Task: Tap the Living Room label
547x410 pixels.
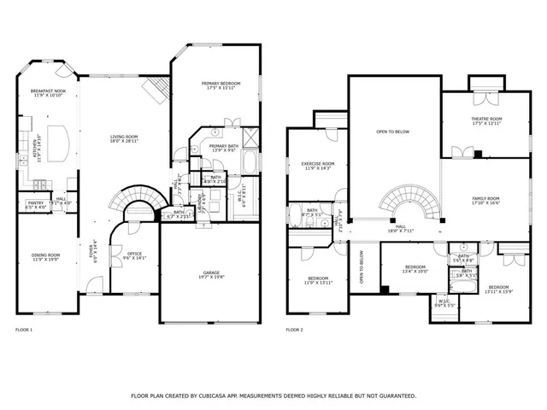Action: pyautogui.click(x=123, y=138)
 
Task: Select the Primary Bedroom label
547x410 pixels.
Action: pyautogui.click(x=221, y=85)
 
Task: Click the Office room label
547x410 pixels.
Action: pyautogui.click(x=135, y=254)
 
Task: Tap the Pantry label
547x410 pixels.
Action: pyautogui.click(x=34, y=204)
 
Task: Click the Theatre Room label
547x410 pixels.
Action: pyautogui.click(x=485, y=120)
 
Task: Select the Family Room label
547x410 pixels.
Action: pyautogui.click(x=485, y=199)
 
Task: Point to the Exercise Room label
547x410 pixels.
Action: pyautogui.click(x=317, y=164)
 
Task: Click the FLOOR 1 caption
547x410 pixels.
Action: pyautogui.click(x=24, y=330)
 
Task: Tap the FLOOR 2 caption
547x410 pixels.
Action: pyautogui.click(x=294, y=330)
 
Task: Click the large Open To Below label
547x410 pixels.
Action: pyautogui.click(x=393, y=132)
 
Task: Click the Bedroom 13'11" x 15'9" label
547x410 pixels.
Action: pyautogui.click(x=498, y=289)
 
